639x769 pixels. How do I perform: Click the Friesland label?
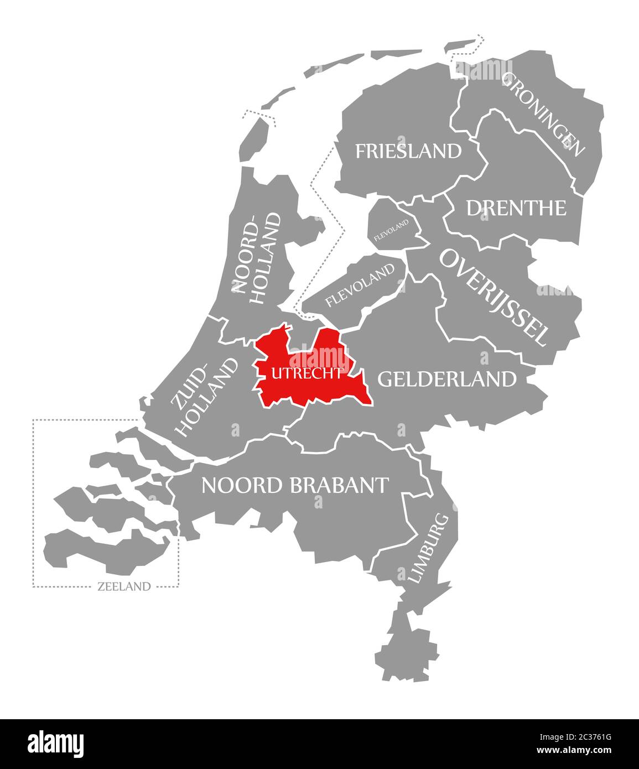pos(408,150)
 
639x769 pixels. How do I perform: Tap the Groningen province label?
pos(543,114)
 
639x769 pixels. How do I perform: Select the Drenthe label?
pos(516,208)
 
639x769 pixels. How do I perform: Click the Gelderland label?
pos(446,379)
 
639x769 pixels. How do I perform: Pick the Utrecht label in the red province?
pos(306,373)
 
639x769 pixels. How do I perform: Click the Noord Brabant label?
pos(294,485)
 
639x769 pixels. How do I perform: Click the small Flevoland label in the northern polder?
pos(392,230)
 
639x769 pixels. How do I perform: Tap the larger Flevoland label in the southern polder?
pos(361,284)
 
